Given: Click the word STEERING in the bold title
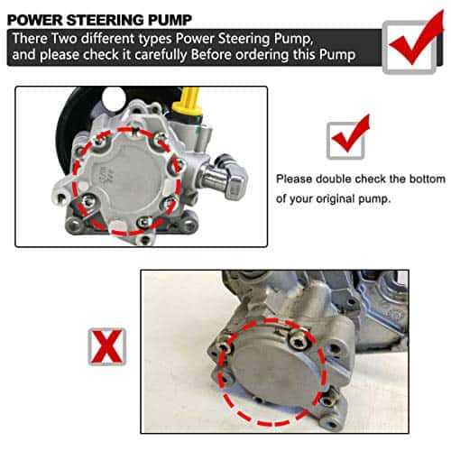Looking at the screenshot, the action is pos(105,20).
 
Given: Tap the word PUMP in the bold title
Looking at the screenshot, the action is pos(170,20).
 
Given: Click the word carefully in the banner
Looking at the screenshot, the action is pos(161,55).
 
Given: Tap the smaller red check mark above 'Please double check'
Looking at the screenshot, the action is pos(351,134).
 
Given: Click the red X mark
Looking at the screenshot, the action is pos(106,346).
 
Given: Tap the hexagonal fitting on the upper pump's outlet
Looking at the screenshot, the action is pos(237,181).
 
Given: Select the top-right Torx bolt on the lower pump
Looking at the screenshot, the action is pos(298,342).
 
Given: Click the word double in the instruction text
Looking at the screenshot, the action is pos(334,179).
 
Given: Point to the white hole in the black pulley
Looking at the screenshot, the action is pos(114,97).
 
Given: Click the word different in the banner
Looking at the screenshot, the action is pos(107,39).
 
